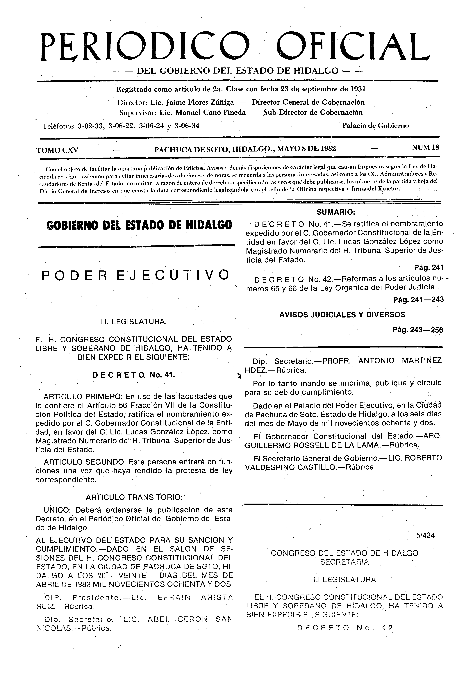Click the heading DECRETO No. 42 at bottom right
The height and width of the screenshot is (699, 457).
[345, 628]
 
